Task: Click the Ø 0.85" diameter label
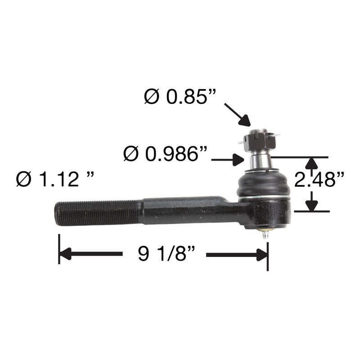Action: (180, 97)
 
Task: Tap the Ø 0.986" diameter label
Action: (165, 153)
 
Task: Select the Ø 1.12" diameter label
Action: (55, 179)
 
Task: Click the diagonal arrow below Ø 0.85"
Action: (238, 115)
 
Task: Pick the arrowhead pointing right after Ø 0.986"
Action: (238, 160)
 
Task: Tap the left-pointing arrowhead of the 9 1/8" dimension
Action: (65, 254)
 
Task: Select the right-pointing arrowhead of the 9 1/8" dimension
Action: (262, 255)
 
